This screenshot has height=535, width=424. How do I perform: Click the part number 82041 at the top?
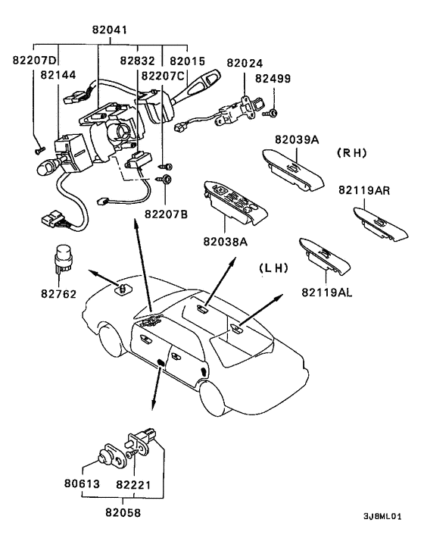(110, 30)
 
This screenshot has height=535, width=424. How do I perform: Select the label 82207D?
(34, 60)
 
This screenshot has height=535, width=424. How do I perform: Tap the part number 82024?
(245, 63)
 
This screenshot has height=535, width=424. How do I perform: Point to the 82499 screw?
(270, 113)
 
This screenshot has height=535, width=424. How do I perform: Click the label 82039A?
(297, 139)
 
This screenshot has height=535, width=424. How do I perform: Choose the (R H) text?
(352, 153)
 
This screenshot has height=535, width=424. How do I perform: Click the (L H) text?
(273, 267)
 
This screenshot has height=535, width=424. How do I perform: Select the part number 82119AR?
(364, 190)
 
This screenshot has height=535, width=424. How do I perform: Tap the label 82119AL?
(326, 293)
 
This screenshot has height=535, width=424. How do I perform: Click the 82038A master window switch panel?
(235, 202)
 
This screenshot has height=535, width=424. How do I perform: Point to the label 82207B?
(167, 214)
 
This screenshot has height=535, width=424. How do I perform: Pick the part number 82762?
(58, 293)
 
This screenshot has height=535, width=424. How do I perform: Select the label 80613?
(82, 483)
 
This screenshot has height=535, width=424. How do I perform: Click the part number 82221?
(133, 484)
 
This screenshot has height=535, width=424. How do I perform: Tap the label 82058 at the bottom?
(123, 512)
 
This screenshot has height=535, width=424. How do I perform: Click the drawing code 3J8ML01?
(382, 516)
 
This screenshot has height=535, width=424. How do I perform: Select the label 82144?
(58, 75)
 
